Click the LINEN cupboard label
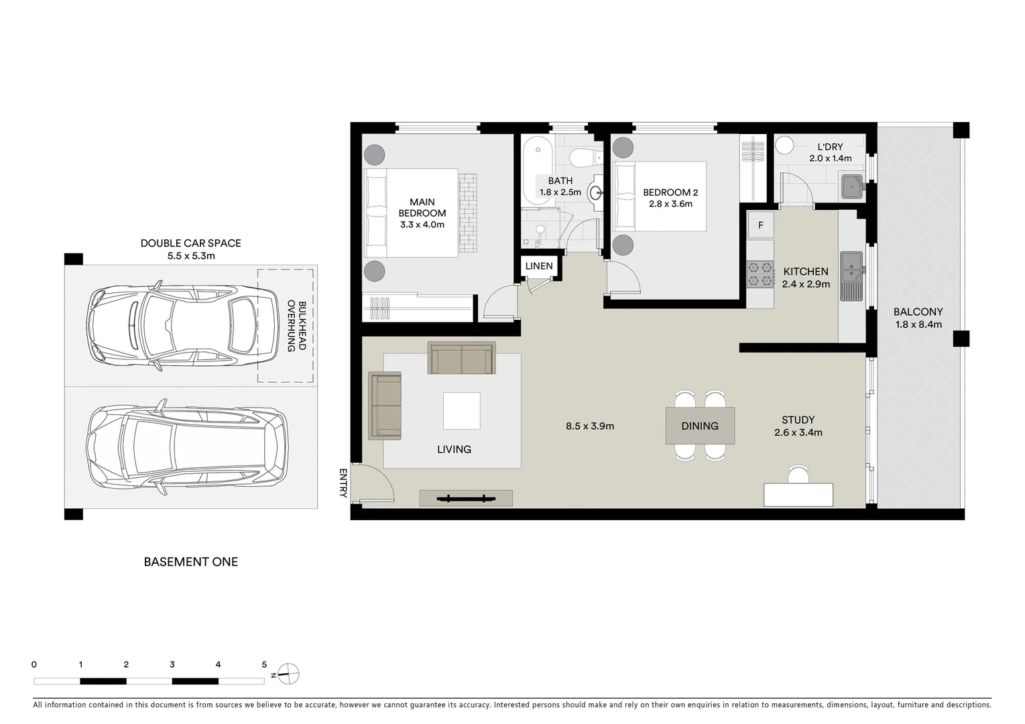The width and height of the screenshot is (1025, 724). click(539, 266)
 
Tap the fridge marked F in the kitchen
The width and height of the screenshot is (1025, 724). click(761, 225)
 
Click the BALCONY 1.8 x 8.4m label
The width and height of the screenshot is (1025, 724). click(918, 318)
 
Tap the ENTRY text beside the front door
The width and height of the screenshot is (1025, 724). click(343, 483)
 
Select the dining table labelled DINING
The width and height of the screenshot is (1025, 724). click(700, 426)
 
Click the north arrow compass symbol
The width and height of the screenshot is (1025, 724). click(288, 674)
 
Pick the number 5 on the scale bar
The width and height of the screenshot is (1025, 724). click(264, 665)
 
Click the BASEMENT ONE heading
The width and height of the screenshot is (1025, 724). click(191, 562)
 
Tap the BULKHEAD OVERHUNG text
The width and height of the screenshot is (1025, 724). click(296, 326)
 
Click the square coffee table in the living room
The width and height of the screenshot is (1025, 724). click(461, 410)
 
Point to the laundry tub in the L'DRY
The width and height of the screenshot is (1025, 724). click(852, 186)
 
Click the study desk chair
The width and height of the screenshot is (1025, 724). click(798, 475)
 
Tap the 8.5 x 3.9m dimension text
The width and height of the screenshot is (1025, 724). click(590, 426)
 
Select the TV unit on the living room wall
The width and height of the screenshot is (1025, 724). click(466, 498)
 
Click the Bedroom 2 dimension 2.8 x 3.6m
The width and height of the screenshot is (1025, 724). click(670, 204)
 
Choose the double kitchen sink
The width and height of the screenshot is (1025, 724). click(852, 265)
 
